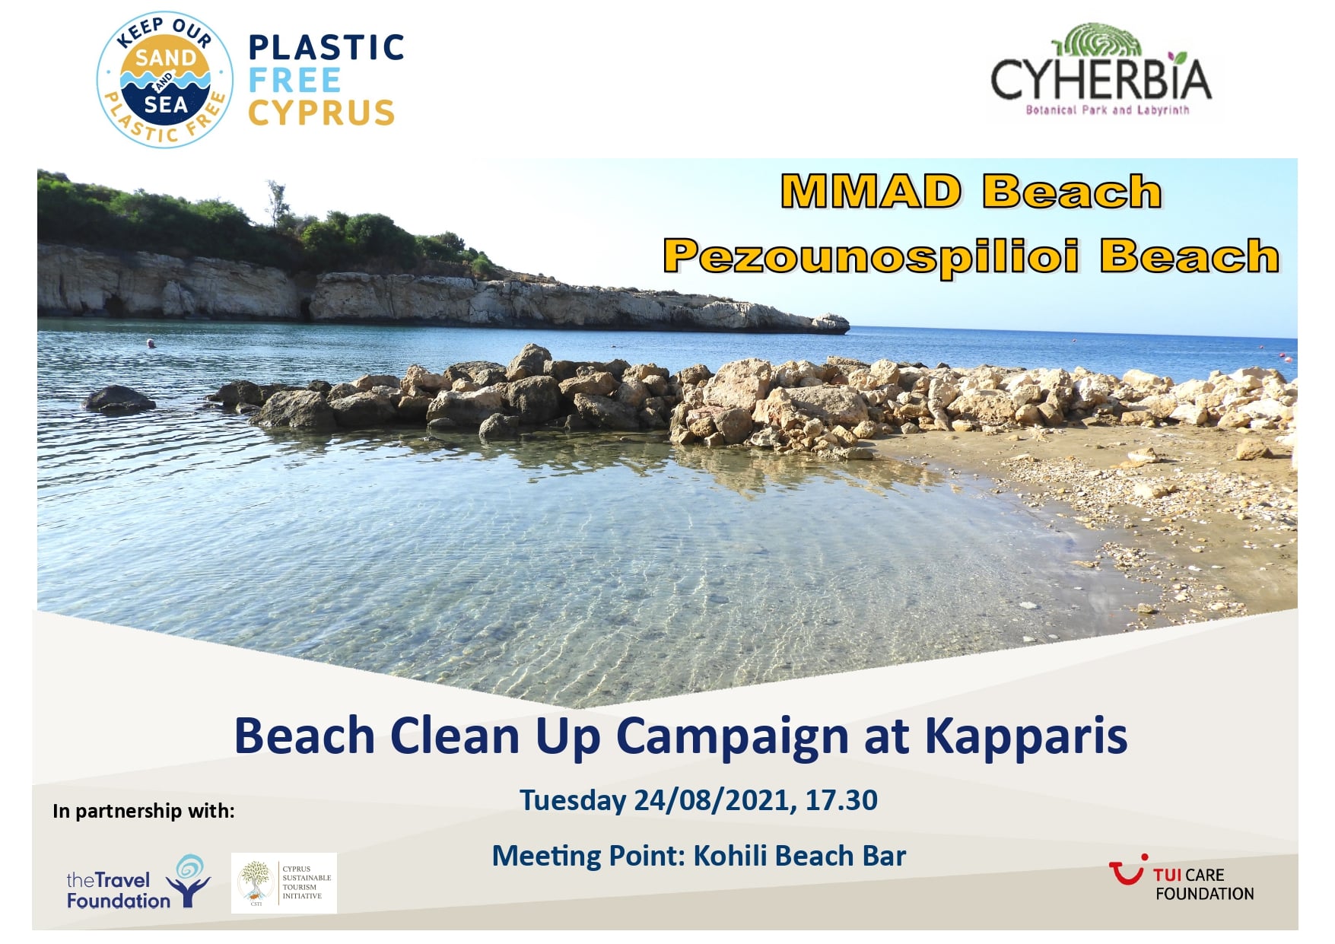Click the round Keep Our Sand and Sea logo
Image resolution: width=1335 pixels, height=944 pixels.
pyautogui.click(x=164, y=79)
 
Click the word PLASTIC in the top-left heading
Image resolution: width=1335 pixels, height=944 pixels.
pyautogui.click(x=326, y=47)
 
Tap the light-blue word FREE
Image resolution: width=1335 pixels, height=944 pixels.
pyautogui.click(x=295, y=80)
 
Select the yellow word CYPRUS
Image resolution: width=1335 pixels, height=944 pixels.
pyautogui.click(x=322, y=113)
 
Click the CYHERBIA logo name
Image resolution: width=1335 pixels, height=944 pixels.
pyautogui.click(x=1101, y=78)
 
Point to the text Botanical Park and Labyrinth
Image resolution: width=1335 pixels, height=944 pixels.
pyautogui.click(x=1107, y=110)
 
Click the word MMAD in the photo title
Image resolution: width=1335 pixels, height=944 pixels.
pyautogui.click(x=871, y=191)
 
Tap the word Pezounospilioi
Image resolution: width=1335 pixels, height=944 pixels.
pyautogui.click(x=872, y=256)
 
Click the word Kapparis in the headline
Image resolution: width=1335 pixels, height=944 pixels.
pyautogui.click(x=1025, y=736)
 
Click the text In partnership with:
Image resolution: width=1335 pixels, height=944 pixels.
pyautogui.click(x=144, y=811)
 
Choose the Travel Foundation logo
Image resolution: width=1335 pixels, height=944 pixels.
pyautogui.click(x=138, y=882)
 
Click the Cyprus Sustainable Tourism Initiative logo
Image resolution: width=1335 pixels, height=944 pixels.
pyautogui.click(x=284, y=882)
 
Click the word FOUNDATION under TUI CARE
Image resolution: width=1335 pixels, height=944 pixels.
pyautogui.click(x=1204, y=894)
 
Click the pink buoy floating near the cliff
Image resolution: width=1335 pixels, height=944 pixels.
pyautogui.click(x=151, y=344)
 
